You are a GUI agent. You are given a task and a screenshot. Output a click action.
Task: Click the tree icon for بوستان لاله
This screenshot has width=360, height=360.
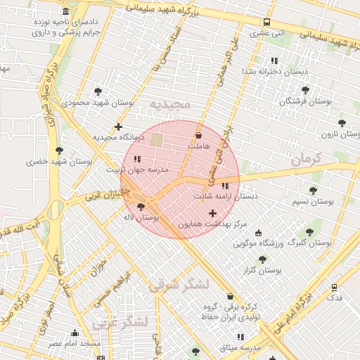click(x=141, y=207)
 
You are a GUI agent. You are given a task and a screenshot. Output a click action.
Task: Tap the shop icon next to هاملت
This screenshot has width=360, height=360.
click(x=198, y=134)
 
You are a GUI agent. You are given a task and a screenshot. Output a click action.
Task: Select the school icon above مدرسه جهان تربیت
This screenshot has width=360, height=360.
click(x=137, y=159)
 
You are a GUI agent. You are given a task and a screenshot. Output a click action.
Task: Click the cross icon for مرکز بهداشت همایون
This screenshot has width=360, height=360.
click(x=212, y=213)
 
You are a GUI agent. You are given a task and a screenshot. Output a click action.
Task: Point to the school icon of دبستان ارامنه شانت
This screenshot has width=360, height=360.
click(x=225, y=186)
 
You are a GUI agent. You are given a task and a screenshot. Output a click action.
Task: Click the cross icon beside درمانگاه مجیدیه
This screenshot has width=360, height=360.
click(x=128, y=127)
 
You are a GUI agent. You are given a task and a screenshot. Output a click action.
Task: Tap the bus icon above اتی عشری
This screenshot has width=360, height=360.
click(x=266, y=22)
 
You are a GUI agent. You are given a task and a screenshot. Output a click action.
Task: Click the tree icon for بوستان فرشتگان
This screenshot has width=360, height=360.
click(x=305, y=90)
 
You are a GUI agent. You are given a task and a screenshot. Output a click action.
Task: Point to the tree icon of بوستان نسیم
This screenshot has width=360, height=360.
click(x=313, y=190)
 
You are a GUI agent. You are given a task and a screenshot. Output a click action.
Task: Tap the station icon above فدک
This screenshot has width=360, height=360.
click(x=334, y=287)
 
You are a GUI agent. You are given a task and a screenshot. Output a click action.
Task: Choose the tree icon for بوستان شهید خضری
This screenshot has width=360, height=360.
click(x=60, y=150)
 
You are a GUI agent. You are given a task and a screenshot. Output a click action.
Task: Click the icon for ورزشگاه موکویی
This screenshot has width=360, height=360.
click(x=258, y=233)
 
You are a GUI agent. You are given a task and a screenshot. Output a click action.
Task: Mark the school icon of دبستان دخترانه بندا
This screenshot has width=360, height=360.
click(x=274, y=60)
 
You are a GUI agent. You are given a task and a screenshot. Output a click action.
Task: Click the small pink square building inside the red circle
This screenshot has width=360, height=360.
click(x=156, y=140)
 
